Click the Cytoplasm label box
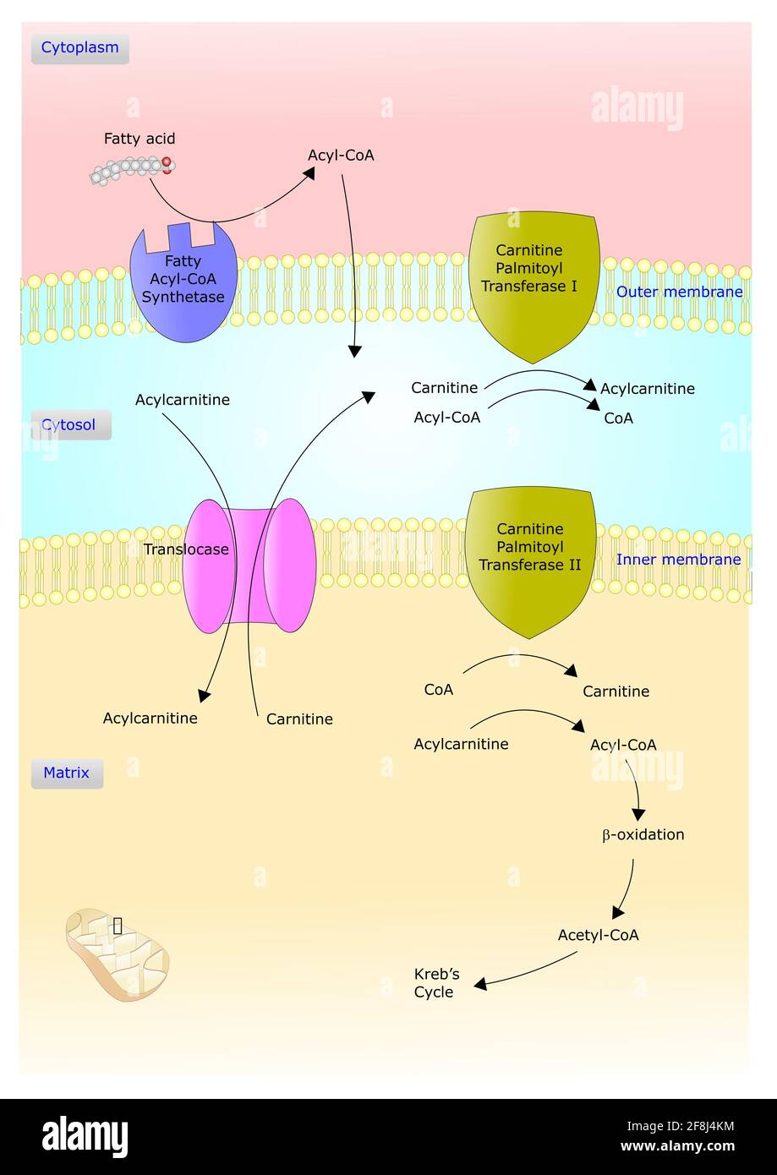coord(80,48)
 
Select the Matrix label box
coord(67,773)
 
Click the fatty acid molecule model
coord(133,170)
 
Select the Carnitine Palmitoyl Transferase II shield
coord(530,558)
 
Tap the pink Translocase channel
coord(249,565)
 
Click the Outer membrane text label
coord(679,292)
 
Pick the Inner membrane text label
coord(678,560)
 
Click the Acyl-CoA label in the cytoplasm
coord(341,156)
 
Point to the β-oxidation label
coord(643,835)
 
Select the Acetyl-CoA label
coord(598,935)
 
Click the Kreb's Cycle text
coord(435,983)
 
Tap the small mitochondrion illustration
coord(118,954)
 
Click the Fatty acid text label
coord(140,139)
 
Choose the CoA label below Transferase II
coord(439,690)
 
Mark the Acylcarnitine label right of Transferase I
coord(648,389)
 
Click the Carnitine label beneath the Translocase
coord(299,719)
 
